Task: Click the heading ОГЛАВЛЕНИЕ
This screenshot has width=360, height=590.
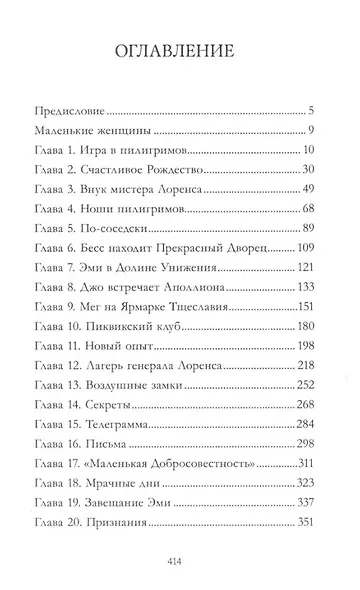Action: pos(180,51)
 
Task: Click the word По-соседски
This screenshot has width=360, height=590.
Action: pos(117,229)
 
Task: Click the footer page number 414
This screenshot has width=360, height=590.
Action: pos(179,563)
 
